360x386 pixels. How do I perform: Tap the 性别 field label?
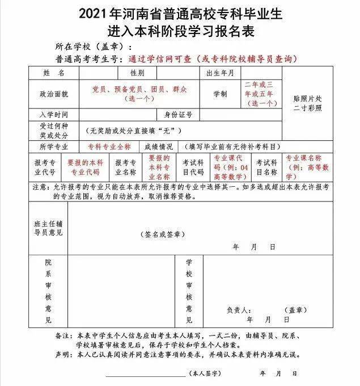137,73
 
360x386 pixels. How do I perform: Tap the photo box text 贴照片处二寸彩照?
310,102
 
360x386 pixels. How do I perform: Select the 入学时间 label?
54,114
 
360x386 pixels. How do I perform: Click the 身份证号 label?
175,114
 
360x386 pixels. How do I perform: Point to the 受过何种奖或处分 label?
54,131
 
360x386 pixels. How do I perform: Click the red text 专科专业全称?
109,146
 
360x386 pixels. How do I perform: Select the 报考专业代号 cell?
45,166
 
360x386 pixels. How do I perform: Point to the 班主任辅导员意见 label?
48,228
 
